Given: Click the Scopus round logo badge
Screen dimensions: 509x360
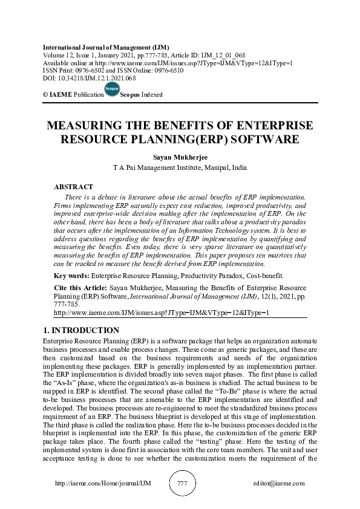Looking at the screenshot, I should (x=112, y=89).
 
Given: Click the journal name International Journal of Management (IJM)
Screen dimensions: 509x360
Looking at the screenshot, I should (x=106, y=47).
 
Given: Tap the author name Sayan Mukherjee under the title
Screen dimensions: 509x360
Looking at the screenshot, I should (x=180, y=157).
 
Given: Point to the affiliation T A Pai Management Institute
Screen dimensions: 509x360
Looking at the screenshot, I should (x=180, y=167).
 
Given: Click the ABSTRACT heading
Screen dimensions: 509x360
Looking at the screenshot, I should (x=73, y=187).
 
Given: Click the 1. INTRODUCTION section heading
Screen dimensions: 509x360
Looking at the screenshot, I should (x=82, y=331).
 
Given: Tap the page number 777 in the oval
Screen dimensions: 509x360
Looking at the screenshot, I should (x=181, y=484).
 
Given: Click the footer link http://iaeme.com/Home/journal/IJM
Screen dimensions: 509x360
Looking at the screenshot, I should (x=102, y=484).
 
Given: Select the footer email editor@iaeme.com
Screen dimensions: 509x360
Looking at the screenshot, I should (x=279, y=484).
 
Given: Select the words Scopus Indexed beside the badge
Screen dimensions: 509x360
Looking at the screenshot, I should (x=142, y=95).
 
